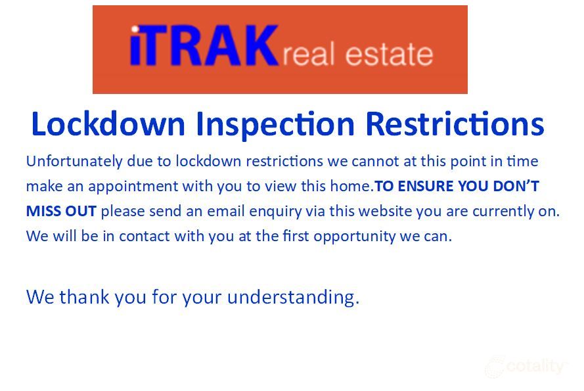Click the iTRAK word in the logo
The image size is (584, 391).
204,46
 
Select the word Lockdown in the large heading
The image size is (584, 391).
108,124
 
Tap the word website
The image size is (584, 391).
361,212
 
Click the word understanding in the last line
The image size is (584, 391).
293,298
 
